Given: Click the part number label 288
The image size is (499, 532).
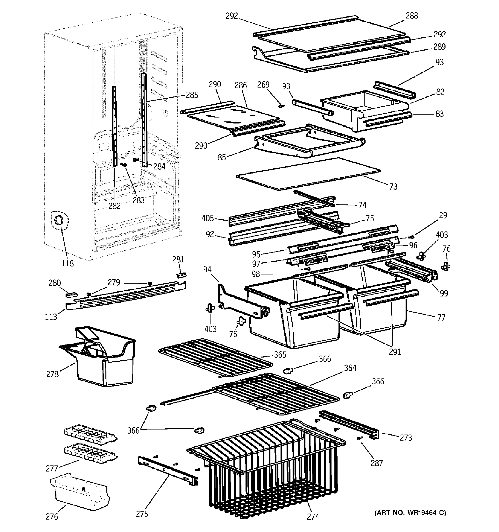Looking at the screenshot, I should [411, 16].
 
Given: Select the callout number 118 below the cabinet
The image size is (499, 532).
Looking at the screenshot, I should [67, 263].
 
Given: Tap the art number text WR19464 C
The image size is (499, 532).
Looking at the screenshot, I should [410, 513].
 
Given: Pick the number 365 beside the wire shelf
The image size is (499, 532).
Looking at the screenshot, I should [280, 355].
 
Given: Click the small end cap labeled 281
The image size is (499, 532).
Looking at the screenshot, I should [182, 275].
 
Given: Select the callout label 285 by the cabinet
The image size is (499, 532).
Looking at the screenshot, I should [192, 95].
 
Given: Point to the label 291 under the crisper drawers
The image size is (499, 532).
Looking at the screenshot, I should [395, 352].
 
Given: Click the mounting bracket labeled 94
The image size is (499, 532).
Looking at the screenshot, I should [241, 302].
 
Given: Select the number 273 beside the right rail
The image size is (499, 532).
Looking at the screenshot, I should [406, 438].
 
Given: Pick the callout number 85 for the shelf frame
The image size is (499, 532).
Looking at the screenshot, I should [222, 158].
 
